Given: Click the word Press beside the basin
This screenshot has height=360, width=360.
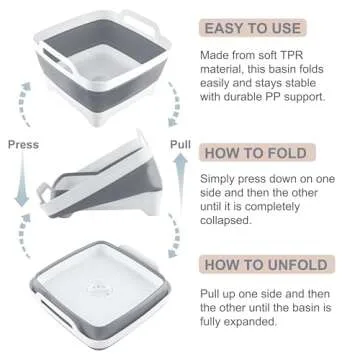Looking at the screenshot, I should (x=23, y=143).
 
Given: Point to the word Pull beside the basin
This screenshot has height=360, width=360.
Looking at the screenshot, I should (x=179, y=143).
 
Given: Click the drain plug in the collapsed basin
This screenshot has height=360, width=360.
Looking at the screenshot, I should (x=96, y=281).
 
